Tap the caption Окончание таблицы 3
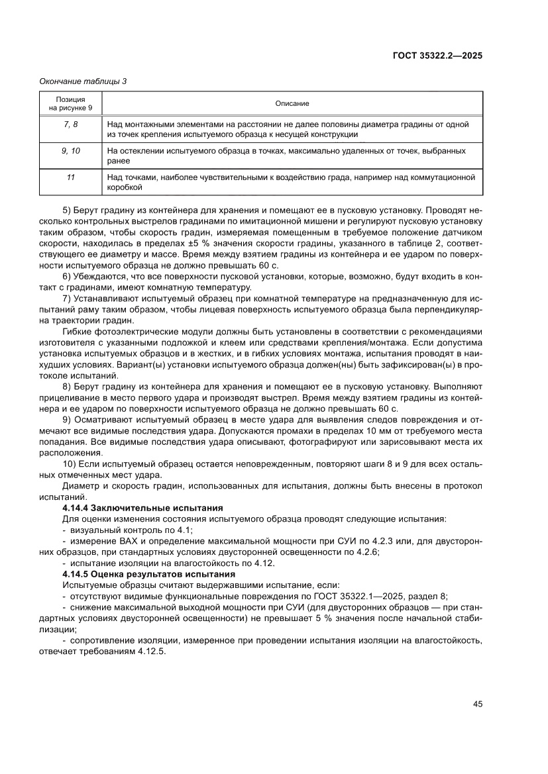tap(83, 81)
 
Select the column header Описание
tap(292, 103)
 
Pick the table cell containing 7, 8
tap(71, 124)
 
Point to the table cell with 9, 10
tap(71, 151)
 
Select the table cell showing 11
tap(71, 177)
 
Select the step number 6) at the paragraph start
tap(67, 276)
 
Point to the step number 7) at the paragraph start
tap(67, 298)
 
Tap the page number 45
tap(477, 704)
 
